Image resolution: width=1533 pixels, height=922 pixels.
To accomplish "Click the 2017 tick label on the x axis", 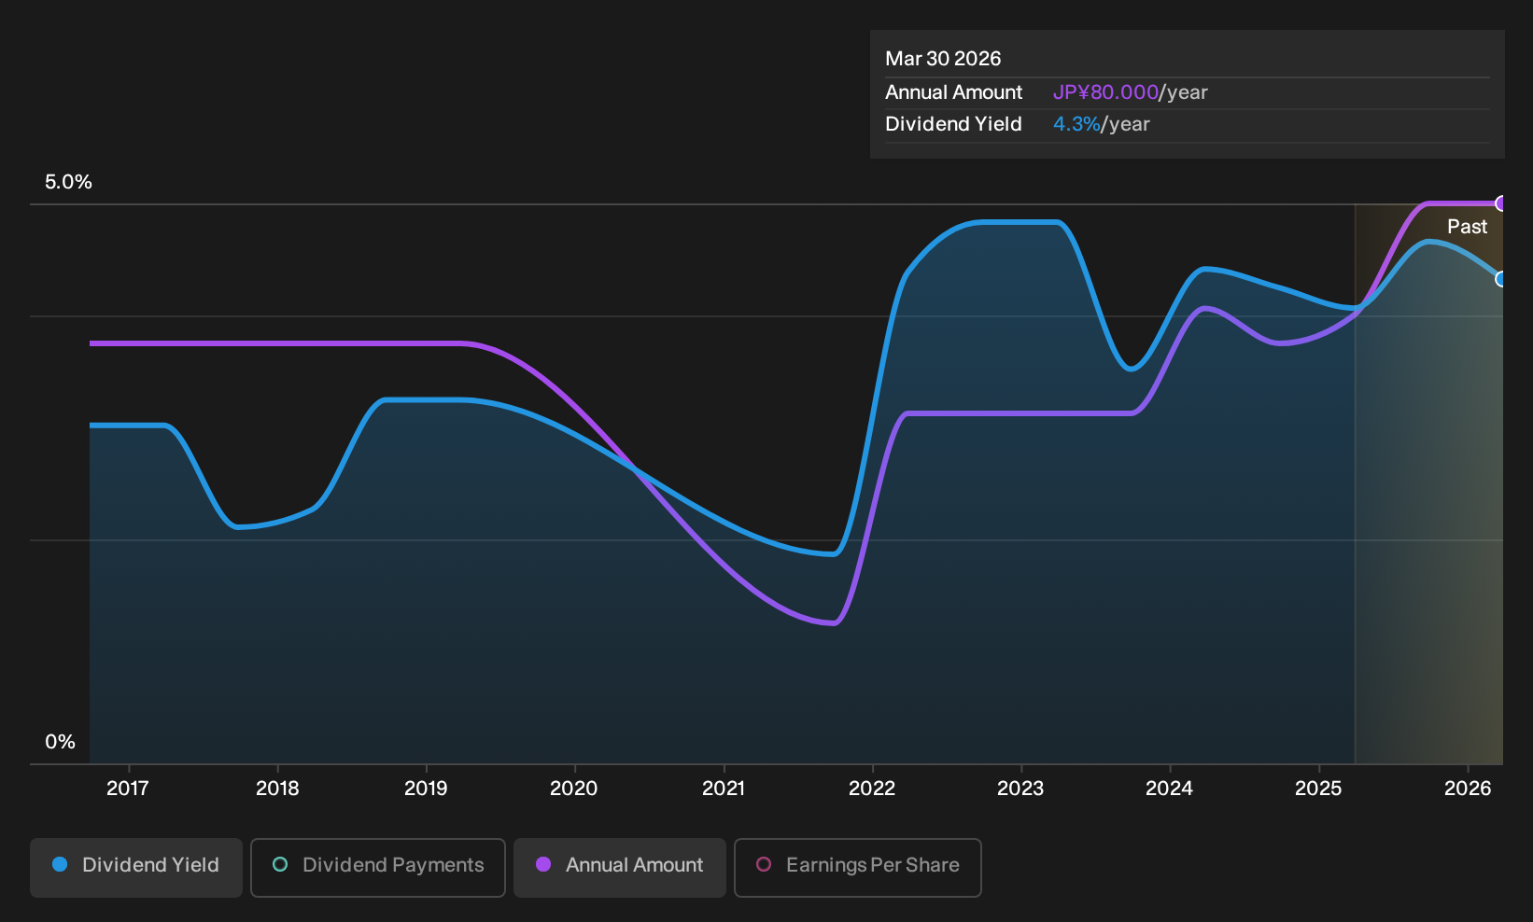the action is click(x=128, y=789).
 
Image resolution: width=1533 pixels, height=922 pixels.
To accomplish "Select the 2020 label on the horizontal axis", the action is click(x=574, y=789).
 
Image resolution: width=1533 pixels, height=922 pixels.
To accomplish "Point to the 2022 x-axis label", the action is click(x=872, y=789).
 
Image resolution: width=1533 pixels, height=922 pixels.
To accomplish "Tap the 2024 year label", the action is click(x=1170, y=789).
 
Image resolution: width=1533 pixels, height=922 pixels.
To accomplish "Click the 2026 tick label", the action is click(x=1468, y=789).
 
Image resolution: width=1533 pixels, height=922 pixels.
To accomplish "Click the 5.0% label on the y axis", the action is click(x=68, y=182).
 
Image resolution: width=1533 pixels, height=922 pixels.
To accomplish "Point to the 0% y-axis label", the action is click(x=61, y=742).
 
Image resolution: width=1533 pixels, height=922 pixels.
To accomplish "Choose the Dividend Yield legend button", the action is click(x=136, y=867).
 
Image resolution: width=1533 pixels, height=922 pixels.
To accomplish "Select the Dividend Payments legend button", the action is click(x=378, y=867).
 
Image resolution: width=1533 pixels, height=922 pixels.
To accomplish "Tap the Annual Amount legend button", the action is click(x=619, y=867).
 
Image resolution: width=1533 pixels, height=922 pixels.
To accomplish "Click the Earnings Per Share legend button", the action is click(x=857, y=867).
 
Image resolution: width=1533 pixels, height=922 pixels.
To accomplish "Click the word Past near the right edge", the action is click(x=1468, y=227).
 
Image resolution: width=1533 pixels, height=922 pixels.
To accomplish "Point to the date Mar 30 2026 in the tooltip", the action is click(x=943, y=59).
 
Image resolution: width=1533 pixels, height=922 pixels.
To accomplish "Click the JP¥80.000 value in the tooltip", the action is click(x=1105, y=92).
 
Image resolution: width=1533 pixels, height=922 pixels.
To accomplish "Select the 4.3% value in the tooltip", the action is click(x=1076, y=124).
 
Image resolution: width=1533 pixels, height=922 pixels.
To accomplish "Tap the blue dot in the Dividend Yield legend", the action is click(x=61, y=864).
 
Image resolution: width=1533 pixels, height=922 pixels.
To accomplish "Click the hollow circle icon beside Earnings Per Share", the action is click(x=764, y=864).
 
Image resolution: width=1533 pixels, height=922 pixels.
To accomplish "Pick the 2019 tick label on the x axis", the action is click(x=426, y=789).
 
